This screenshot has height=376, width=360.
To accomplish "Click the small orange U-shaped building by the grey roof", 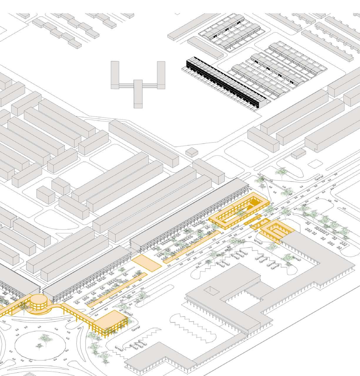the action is coord(275,229).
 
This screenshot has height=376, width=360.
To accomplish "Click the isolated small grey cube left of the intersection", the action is coord(192,152).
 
